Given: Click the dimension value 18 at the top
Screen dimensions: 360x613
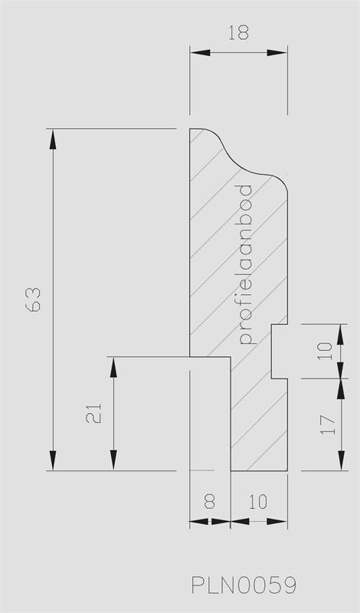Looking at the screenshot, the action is [x=238, y=33].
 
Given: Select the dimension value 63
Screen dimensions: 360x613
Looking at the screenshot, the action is [x=34, y=300].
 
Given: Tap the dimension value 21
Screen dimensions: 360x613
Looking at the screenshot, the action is [x=93, y=413].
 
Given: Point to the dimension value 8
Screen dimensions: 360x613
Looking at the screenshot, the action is [x=210, y=502].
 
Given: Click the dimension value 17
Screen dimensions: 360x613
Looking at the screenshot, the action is [x=328, y=425].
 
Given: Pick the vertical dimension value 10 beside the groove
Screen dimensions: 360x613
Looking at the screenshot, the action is [x=325, y=351].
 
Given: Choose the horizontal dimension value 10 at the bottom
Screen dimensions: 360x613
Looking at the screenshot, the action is [x=258, y=502].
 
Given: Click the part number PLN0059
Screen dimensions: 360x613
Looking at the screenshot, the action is [x=244, y=585].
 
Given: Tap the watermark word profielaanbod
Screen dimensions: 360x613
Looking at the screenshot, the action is [x=245, y=264].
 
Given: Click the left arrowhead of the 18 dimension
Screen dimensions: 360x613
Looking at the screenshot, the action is [x=200, y=52].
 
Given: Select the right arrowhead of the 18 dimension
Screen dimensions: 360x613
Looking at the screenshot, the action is [x=277, y=52].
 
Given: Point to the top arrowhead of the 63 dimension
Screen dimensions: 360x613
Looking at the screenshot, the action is [x=53, y=139].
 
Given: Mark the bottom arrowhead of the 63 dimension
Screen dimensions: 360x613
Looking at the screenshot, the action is [x=53, y=461].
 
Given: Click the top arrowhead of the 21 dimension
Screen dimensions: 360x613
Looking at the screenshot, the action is [x=114, y=367].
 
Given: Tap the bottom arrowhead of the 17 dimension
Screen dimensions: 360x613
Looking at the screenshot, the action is [x=342, y=461].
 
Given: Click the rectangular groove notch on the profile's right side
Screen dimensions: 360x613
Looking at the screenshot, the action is [x=280, y=351].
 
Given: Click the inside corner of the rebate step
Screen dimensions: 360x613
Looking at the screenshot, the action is [x=231, y=356].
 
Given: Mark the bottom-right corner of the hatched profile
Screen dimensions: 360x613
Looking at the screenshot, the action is [x=287, y=470].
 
